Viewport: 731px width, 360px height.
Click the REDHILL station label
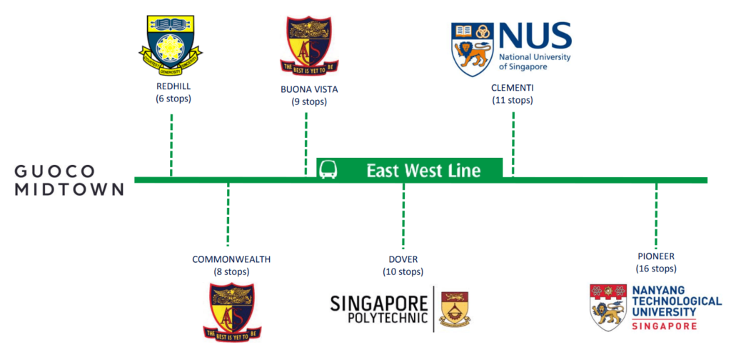coord(173,87)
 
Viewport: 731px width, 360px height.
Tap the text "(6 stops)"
coord(173,99)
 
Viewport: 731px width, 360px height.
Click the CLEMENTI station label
coord(513,88)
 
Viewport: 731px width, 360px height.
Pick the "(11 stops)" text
coord(513,100)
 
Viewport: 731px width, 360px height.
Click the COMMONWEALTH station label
coord(231,259)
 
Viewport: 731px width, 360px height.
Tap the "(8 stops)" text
coord(231,271)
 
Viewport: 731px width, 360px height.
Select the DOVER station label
coord(403,259)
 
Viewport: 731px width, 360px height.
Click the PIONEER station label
coord(656,256)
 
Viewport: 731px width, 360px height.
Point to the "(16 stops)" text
coord(656,269)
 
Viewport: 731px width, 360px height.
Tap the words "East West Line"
coord(423,170)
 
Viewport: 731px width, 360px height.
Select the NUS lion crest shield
coord(472,51)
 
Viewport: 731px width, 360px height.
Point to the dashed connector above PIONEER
coord(656,214)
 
